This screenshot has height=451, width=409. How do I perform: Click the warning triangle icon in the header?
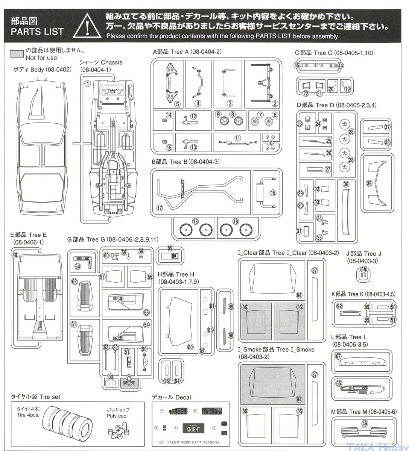click(x=87, y=26)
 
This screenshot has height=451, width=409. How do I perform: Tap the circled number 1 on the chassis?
click(x=87, y=83)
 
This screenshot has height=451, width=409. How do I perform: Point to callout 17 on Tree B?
click(x=160, y=207)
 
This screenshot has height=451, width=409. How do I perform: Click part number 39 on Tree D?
click(x=369, y=183)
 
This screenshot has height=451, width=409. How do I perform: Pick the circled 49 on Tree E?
click(x=15, y=255)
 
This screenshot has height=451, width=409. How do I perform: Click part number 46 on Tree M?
click(x=364, y=423)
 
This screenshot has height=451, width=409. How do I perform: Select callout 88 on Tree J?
click(x=363, y=269)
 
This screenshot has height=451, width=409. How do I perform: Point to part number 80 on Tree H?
click(x=190, y=347)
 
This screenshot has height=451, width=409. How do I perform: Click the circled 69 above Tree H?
click(x=170, y=248)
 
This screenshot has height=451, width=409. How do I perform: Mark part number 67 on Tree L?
click(x=338, y=357)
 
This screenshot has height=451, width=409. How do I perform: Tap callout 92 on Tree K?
click(x=339, y=306)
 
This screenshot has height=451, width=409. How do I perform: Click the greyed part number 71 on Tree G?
click(x=129, y=378)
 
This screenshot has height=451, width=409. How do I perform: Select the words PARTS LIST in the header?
click(x=37, y=32)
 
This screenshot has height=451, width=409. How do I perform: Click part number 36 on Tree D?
click(x=346, y=184)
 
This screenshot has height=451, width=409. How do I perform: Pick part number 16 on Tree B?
click(x=273, y=193)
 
